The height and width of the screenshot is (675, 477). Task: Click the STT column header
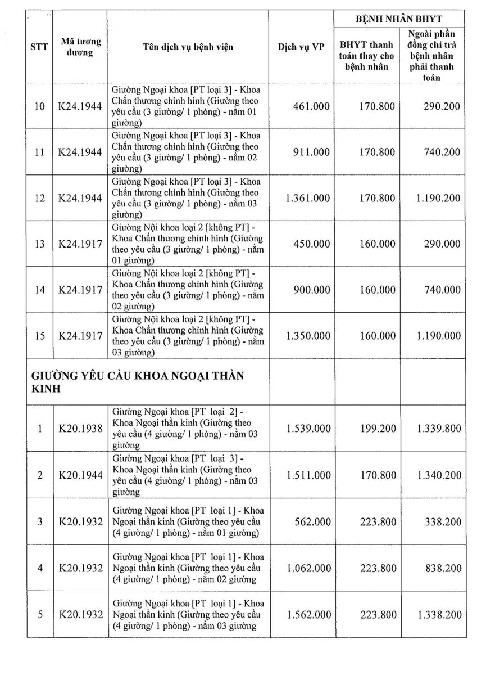pos(39,47)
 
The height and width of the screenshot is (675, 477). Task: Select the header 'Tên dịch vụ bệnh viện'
pos(188,47)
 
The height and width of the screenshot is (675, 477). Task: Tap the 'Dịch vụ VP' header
pos(301,47)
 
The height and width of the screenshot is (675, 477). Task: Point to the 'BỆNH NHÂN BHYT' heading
pos(399,19)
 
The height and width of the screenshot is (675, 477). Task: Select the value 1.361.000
pos(308,198)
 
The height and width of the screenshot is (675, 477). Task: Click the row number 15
pos(39,336)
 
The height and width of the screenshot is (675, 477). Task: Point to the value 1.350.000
pos(308,336)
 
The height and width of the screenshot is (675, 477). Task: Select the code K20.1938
pos(81,429)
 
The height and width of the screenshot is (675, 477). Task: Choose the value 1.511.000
pos(308,475)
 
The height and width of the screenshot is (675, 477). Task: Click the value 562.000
pos(312,521)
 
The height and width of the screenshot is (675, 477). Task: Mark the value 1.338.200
pos(439,614)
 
